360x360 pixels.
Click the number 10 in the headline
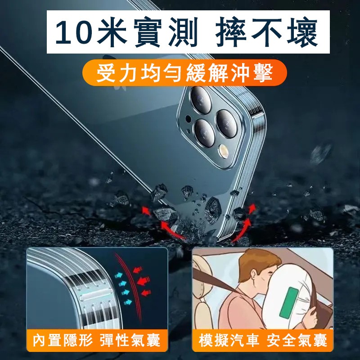click(x=74, y=31)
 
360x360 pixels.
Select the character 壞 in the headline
click(x=302, y=32)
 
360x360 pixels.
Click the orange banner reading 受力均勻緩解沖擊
click(x=184, y=73)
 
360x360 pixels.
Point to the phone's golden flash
click(x=224, y=152)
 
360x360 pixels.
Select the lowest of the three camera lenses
click(x=204, y=133)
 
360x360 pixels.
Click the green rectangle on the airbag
click(x=289, y=302)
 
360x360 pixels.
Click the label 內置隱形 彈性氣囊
click(x=96, y=340)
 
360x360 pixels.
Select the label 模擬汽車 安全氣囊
click(x=263, y=340)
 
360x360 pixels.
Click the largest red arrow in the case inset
click(x=144, y=280)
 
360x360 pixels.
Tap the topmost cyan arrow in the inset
click(x=118, y=275)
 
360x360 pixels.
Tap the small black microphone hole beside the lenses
click(x=188, y=119)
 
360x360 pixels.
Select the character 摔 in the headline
click(x=231, y=32)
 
